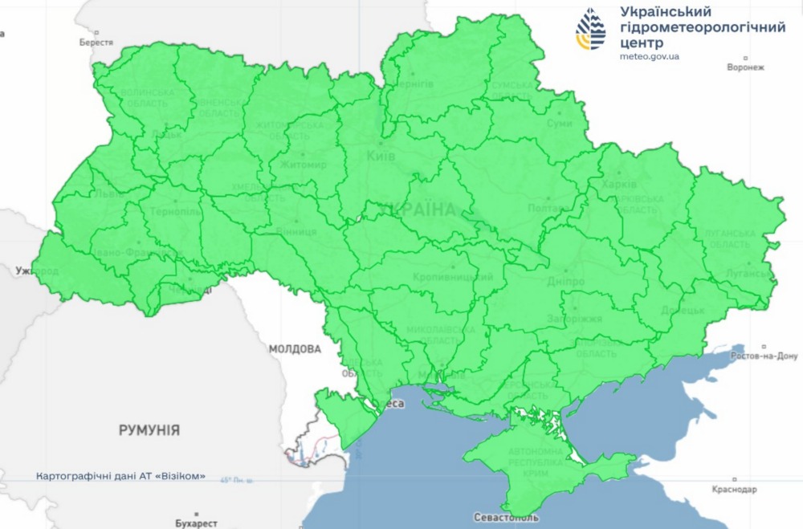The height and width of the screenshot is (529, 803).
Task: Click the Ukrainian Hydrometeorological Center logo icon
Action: pyautogui.click(x=592, y=31)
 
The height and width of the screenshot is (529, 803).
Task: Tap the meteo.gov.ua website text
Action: pyautogui.click(x=650, y=57)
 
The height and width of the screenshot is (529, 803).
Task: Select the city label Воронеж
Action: pyautogui.click(x=744, y=68)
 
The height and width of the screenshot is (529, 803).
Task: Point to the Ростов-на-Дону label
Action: pyautogui.click(x=764, y=356)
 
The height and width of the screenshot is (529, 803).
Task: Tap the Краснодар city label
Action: pyautogui.click(x=734, y=489)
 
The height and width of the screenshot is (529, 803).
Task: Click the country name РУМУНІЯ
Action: pyautogui.click(x=149, y=430)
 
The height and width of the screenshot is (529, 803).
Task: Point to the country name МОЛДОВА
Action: pyautogui.click(x=295, y=349)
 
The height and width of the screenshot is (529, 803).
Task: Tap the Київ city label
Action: pyautogui.click(x=381, y=156)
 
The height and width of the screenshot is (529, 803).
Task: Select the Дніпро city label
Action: pyautogui.click(x=567, y=283)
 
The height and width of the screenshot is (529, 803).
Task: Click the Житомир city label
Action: pyautogui.click(x=304, y=165)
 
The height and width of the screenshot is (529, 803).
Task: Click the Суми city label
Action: pyautogui.click(x=559, y=124)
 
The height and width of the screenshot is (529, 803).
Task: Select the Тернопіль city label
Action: pyautogui.click(x=174, y=212)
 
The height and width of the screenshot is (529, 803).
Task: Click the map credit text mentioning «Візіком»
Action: pyautogui.click(x=120, y=476)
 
